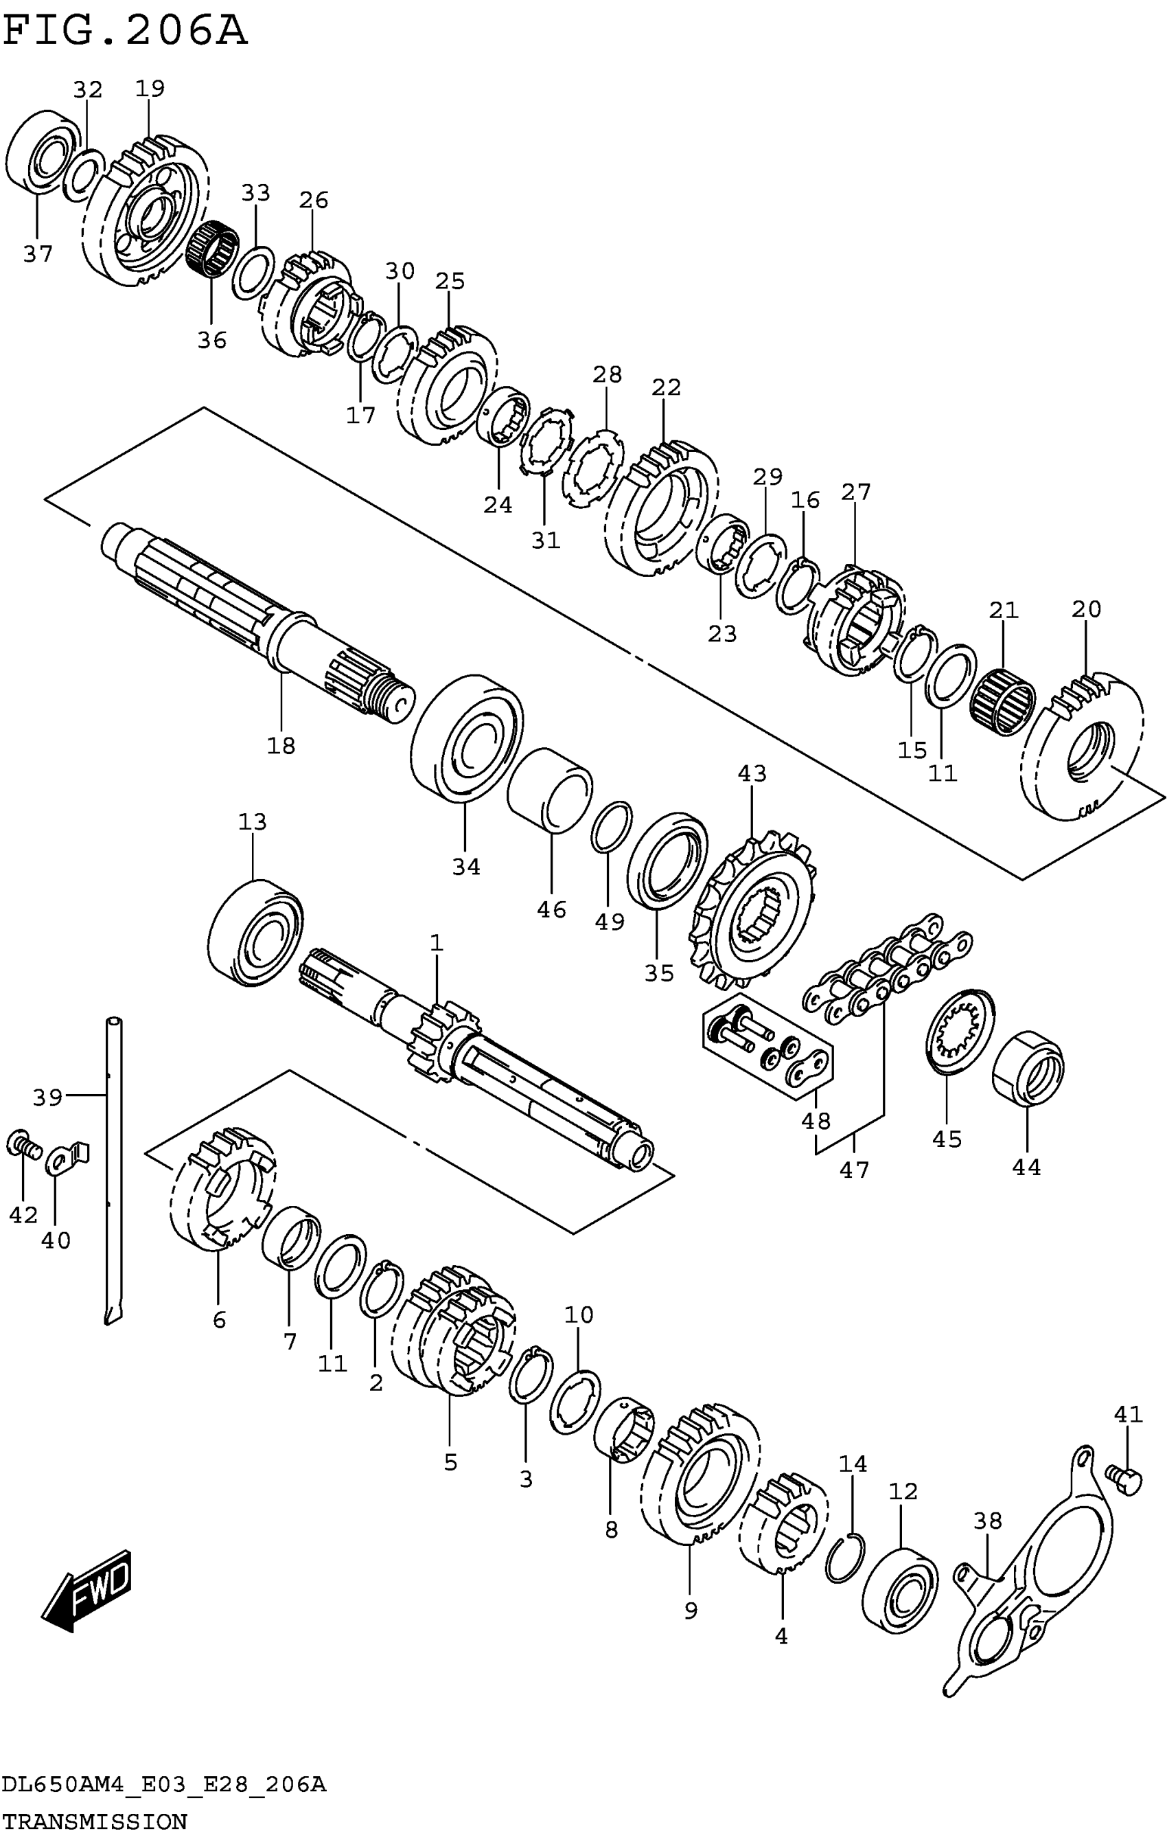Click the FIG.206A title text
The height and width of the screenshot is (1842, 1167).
[125, 32]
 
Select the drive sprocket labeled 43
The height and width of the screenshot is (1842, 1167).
[751, 910]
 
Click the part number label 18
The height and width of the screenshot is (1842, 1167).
[281, 745]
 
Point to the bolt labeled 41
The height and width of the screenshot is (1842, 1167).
[1124, 1479]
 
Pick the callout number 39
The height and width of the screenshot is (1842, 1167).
[47, 1098]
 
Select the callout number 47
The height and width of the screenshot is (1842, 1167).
[854, 1170]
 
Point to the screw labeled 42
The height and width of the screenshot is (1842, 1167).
[21, 1145]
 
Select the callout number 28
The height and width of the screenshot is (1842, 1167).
[608, 375]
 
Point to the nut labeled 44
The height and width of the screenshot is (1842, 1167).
[1028, 1067]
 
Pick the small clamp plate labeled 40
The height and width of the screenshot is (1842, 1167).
[67, 1157]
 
